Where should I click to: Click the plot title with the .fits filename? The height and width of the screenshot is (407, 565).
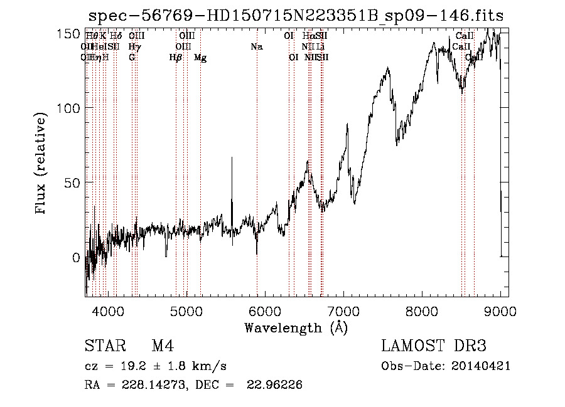click(x=296, y=15)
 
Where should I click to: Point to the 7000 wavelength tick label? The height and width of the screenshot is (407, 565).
click(x=343, y=310)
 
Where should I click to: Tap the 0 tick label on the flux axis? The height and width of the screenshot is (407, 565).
click(x=75, y=257)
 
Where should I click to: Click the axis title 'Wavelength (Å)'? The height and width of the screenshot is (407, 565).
click(x=296, y=327)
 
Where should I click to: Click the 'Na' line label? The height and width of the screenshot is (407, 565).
click(x=256, y=46)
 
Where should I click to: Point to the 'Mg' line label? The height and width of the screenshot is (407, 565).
click(x=200, y=58)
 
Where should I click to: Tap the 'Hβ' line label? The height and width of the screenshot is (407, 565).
click(x=176, y=58)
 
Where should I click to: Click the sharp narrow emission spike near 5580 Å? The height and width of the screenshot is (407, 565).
click(x=232, y=159)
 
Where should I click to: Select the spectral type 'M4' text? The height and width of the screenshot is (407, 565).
click(x=163, y=346)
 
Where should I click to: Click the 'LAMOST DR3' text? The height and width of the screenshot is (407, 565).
click(x=434, y=346)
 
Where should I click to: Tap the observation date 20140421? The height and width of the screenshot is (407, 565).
click(x=480, y=366)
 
